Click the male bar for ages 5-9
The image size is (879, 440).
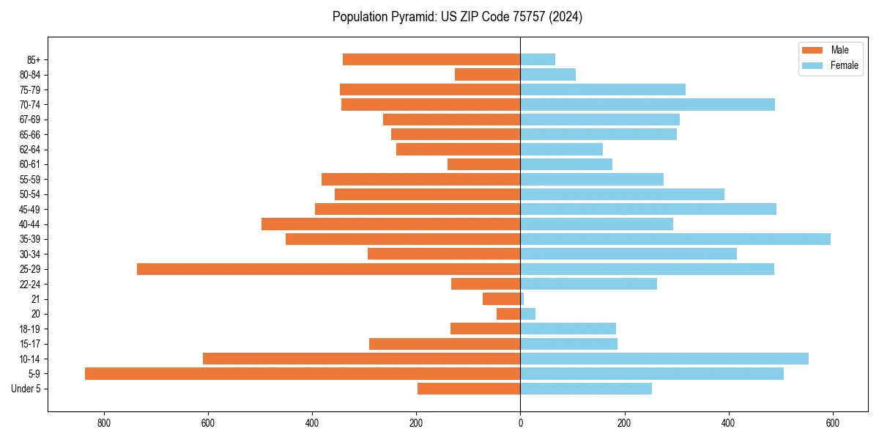pos(303,374)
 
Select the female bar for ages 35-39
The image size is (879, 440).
pos(675,239)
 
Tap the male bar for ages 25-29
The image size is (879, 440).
pos(328,269)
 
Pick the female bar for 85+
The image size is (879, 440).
pos(538,59)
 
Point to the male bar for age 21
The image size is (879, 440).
pos(502,299)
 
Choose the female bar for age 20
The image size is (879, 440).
pos(527,314)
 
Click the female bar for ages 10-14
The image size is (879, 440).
pos(664,359)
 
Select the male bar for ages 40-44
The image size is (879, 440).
pos(390,224)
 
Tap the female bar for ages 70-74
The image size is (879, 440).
pos(648,104)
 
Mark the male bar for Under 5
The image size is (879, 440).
pos(469,389)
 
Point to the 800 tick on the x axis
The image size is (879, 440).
pos(103,423)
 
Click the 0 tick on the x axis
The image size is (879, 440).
pos(520,423)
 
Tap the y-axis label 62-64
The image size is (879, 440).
pos(29,150)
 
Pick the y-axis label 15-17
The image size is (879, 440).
pos(29,344)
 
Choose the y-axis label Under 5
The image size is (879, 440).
pos(26,389)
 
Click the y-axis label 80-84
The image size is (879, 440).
pos(29,75)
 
